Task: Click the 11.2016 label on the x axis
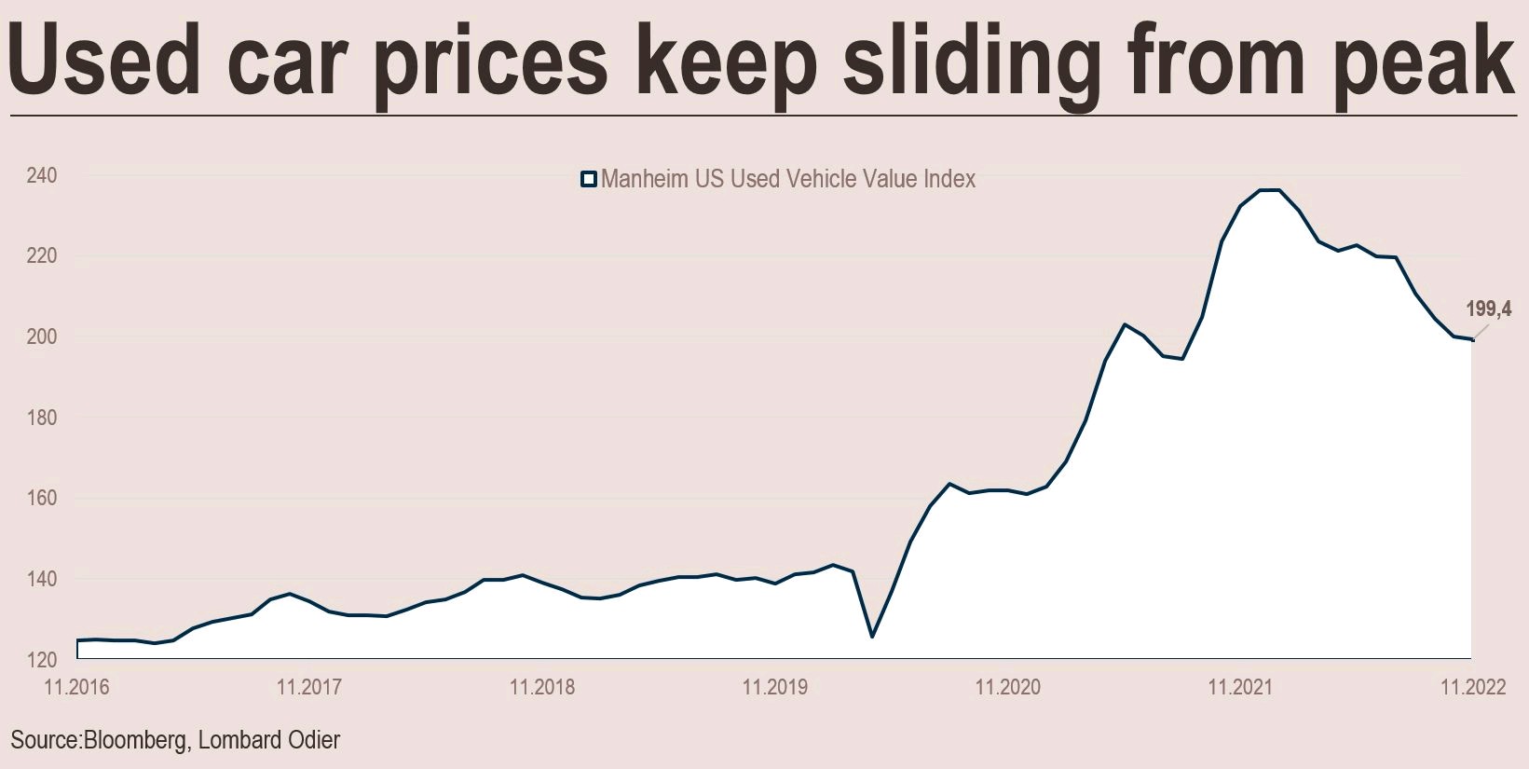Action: pos(77,689)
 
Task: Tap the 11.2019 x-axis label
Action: pos(774,689)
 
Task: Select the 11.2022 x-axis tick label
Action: pos(1473,689)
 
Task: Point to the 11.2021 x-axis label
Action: pos(1240,689)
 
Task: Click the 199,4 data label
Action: pos(1488,309)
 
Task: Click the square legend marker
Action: pos(588,179)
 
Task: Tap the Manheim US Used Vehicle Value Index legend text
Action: pos(788,179)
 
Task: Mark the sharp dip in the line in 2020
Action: pos(872,637)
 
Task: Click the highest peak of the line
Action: pos(1269,190)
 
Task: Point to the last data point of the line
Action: pos(1472,339)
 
